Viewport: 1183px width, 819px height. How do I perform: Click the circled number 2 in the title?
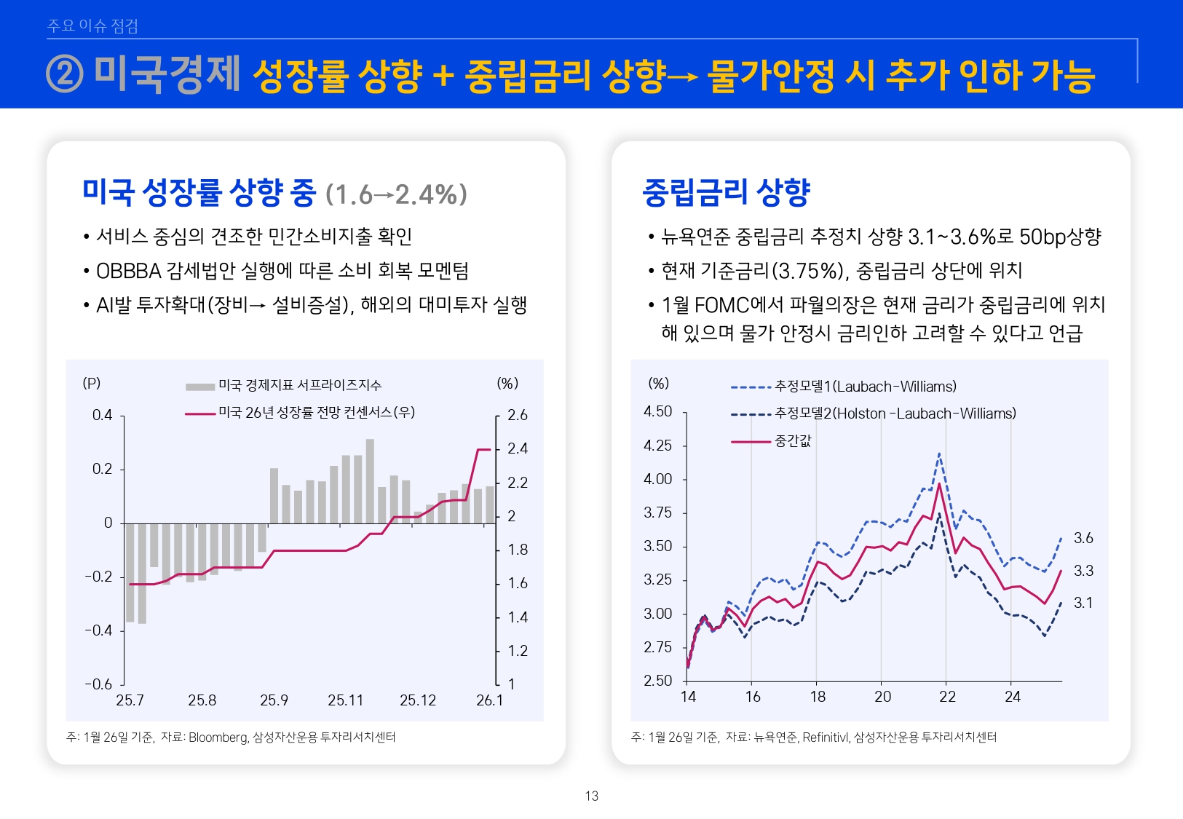click(x=65, y=75)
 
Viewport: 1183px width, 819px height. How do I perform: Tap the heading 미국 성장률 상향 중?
click(x=199, y=193)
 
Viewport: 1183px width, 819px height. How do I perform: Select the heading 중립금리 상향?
click(x=726, y=193)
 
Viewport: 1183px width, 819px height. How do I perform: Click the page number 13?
click(x=591, y=796)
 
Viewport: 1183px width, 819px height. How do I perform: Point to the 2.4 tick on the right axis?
click(x=518, y=448)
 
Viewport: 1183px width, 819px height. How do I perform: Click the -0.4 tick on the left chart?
click(x=98, y=630)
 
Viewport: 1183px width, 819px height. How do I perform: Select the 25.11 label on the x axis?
click(x=345, y=700)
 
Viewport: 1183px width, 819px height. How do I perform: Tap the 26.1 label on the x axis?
click(x=489, y=700)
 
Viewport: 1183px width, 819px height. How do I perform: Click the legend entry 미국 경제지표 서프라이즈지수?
click(x=299, y=385)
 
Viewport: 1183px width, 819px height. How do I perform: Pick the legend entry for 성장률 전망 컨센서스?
click(x=316, y=413)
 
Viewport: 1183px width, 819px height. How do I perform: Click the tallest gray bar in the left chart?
click(x=370, y=480)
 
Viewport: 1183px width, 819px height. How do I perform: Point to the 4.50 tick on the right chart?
click(x=657, y=411)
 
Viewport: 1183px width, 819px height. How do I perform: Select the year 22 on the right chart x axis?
click(x=947, y=697)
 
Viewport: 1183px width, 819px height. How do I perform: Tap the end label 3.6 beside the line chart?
click(x=1083, y=538)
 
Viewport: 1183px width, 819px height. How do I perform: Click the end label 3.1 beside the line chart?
click(x=1083, y=603)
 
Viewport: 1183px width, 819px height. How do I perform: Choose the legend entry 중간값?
click(x=792, y=441)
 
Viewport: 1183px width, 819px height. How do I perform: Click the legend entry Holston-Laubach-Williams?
click(x=895, y=414)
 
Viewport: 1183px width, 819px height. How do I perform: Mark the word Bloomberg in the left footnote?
click(x=218, y=737)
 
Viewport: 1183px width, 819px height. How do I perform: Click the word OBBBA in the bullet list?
click(x=128, y=271)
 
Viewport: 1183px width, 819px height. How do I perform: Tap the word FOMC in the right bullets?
click(x=721, y=305)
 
